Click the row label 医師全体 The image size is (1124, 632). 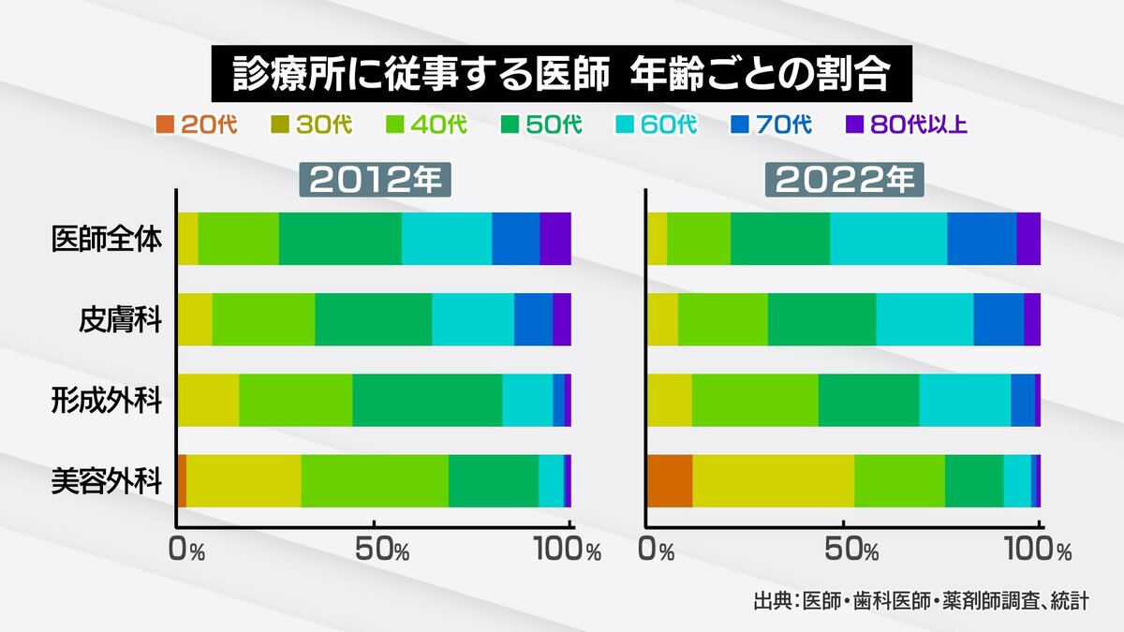[107, 240]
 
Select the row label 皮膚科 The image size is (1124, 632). [120, 320]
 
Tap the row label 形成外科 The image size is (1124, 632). [107, 401]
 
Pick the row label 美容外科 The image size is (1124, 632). [107, 481]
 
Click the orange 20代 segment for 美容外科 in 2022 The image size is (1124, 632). [670, 481]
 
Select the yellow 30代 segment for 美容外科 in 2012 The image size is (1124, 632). [244, 481]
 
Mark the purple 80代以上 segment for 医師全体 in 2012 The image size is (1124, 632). [555, 239]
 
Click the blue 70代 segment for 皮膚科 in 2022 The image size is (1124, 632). [998, 319]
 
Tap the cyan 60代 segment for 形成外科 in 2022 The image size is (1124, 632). [965, 400]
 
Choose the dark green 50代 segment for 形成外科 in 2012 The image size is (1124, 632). [427, 400]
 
